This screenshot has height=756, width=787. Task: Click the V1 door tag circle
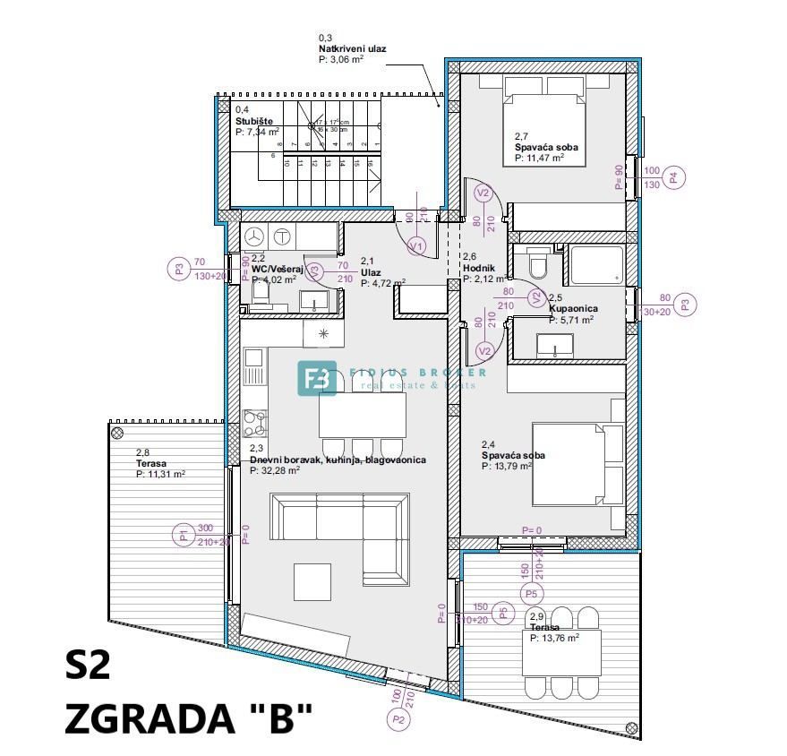point(415,245)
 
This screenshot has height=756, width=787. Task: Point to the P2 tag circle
point(398,717)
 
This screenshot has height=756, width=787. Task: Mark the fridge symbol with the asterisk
point(321,335)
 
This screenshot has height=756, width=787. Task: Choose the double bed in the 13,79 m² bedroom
point(577,464)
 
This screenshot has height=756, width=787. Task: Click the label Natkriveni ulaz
point(352,49)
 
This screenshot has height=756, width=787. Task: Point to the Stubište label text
point(254,120)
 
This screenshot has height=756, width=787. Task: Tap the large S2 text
point(88,666)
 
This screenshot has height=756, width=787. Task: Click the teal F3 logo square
point(317,378)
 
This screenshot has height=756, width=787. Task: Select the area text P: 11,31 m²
point(160,475)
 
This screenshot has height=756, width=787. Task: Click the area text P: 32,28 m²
point(279,469)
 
